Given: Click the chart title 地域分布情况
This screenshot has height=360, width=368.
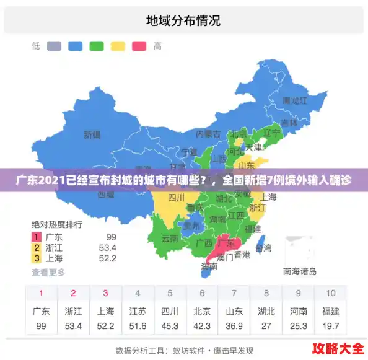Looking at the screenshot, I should [x=183, y=20].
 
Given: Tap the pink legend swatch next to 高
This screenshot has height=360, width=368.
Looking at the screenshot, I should [x=138, y=46].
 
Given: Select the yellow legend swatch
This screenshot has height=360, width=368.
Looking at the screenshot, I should [x=117, y=46].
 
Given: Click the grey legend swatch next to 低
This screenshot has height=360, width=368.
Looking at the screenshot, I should [x=54, y=46].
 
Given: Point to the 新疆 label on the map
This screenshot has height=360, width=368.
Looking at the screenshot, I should [x=92, y=134].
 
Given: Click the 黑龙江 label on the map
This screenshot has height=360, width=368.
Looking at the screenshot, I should [x=295, y=100].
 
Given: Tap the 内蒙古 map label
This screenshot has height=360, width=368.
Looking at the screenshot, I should [x=208, y=134].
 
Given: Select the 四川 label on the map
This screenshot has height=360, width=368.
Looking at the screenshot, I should [x=177, y=198].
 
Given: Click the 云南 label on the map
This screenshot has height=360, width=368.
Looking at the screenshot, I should [x=170, y=238].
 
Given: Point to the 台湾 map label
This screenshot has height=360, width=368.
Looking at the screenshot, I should [x=263, y=248].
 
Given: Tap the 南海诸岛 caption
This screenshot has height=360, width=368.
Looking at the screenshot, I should [x=300, y=271].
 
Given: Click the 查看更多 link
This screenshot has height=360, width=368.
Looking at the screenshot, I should [x=48, y=272].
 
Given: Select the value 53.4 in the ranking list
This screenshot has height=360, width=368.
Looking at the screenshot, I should [x=108, y=248].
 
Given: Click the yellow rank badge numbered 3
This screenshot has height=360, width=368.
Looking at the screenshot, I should [x=37, y=258].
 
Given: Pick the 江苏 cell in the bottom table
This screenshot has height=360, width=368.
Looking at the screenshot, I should [x=138, y=311].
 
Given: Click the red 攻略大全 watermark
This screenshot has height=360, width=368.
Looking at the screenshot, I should [x=338, y=347].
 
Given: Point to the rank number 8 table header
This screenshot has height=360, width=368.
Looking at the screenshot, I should [x=266, y=293].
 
